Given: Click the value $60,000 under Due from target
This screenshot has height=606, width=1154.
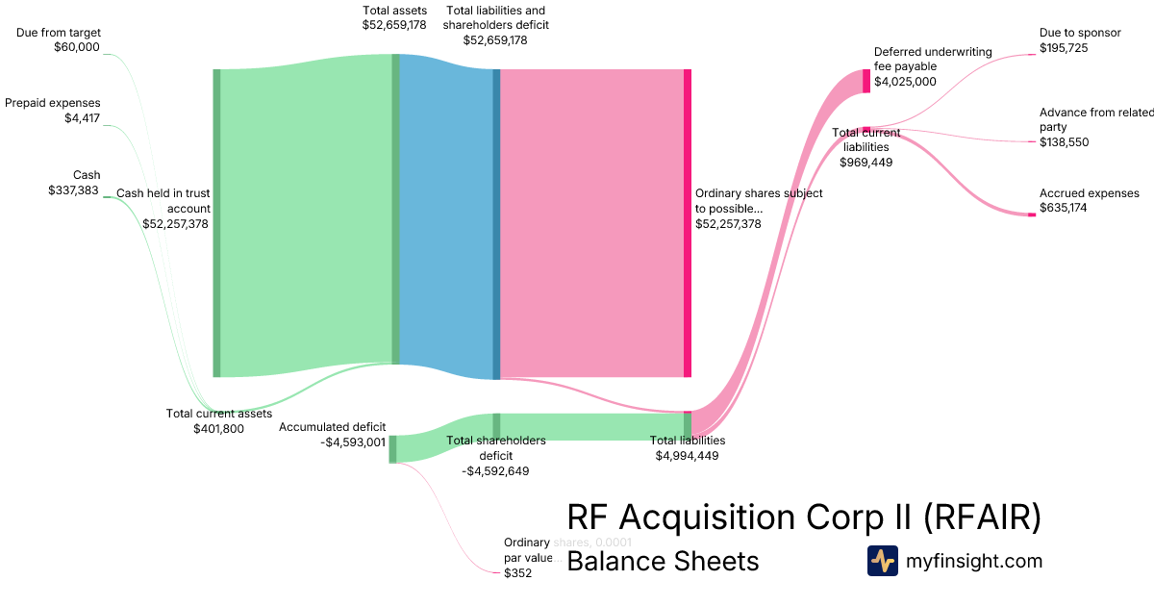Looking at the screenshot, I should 77,46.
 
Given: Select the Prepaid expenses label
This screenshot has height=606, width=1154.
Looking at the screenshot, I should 53,103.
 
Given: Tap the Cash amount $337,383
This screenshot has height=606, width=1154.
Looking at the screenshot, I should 74,190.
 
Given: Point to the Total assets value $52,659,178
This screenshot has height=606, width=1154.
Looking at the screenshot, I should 394,25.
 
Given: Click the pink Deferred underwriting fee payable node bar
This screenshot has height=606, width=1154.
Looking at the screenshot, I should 866,81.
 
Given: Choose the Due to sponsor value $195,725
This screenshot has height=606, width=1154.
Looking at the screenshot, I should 1064,47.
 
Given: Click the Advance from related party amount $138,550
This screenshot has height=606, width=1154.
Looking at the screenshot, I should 1065,142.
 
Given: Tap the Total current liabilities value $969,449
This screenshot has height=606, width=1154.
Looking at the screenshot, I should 865,163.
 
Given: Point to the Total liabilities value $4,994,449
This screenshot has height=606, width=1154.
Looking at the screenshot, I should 687,456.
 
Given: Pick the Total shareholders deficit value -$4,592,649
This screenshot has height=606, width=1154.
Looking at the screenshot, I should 495,471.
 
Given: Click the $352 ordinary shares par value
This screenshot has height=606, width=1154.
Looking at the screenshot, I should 517,573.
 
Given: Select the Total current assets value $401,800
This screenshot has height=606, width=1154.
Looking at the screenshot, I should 218,429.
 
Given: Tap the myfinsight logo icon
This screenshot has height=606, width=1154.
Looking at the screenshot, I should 882,561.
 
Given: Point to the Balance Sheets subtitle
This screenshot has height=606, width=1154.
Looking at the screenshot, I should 663,561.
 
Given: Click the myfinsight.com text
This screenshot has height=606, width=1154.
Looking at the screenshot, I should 974,561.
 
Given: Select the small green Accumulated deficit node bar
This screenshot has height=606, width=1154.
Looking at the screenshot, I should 392,449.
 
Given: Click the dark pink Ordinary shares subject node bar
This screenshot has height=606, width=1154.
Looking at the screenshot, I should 688,223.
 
